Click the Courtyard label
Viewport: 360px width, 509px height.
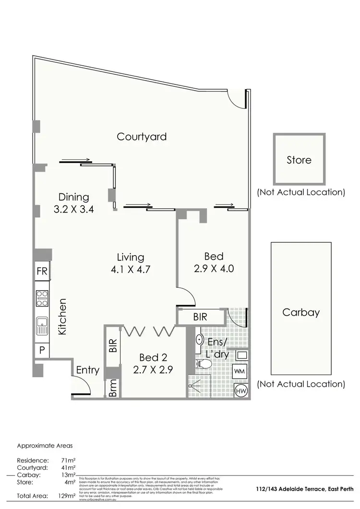coord(142,137)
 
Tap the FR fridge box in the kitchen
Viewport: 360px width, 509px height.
coord(42,272)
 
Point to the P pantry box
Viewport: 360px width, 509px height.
coord(42,350)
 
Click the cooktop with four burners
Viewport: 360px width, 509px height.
coord(42,299)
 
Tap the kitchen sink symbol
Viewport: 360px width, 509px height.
coord(42,326)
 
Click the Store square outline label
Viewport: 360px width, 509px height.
coord(299,160)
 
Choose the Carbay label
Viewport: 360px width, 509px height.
coord(300,312)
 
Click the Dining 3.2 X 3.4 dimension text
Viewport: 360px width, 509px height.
coord(73,209)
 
